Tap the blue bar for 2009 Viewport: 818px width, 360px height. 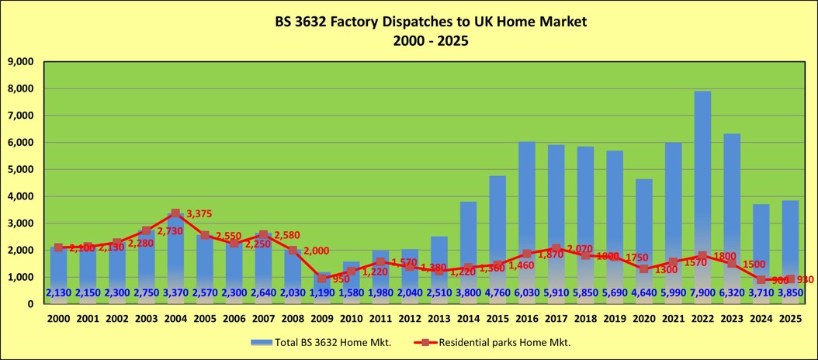pyautogui.click(x=321, y=288)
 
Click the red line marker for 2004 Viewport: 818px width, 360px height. pyautogui.click(x=175, y=213)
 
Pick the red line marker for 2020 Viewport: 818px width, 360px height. pyautogui.click(x=643, y=268)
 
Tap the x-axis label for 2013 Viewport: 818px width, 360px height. pyautogui.click(x=438, y=318)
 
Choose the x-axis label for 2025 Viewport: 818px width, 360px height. pyautogui.click(x=790, y=318)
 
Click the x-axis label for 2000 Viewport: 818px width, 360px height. pyautogui.click(x=58, y=318)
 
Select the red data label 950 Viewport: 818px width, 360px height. pyautogui.click(x=339, y=278)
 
